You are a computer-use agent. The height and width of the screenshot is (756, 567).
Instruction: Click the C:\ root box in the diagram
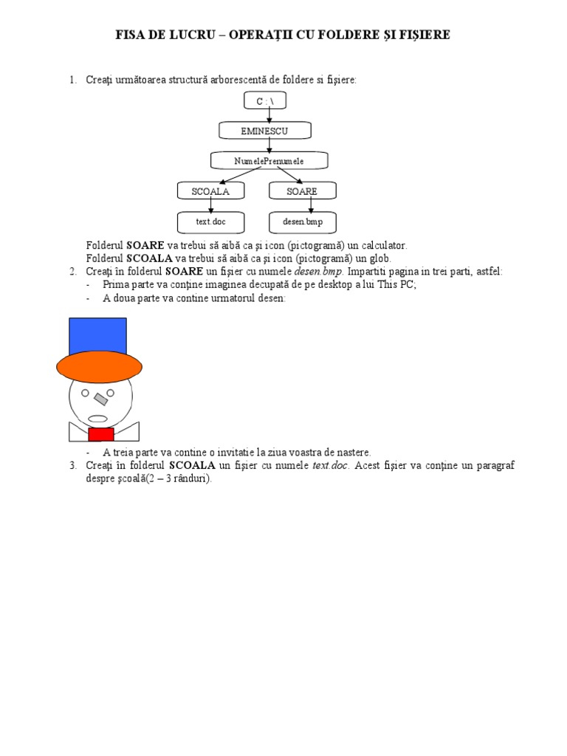pos(264,100)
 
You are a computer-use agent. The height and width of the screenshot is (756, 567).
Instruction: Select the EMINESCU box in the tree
pos(264,131)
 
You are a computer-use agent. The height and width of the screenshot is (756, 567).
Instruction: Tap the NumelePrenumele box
pos(269,160)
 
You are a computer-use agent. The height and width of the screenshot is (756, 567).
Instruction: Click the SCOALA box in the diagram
pos(210,191)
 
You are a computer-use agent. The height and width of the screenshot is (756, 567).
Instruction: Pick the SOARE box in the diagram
pos(301,191)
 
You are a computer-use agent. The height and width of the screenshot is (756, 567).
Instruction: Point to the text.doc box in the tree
pos(210,221)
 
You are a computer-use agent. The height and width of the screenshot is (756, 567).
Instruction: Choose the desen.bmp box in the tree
pos(303,221)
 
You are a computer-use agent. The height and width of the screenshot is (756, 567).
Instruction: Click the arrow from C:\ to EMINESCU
pos(269,115)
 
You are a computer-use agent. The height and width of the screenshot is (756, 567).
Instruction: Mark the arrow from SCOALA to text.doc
pos(211,206)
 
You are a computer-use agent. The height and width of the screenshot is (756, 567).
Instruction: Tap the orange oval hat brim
pos(99,366)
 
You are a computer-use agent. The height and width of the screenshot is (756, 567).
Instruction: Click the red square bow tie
pos(100,434)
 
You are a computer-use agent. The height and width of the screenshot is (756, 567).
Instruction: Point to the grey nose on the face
pos(100,401)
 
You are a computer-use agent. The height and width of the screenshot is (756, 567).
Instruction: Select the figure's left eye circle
pos(85,392)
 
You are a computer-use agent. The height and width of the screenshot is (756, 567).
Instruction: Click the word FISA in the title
pos(131,35)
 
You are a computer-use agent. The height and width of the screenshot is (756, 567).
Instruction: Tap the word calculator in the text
pos(381,245)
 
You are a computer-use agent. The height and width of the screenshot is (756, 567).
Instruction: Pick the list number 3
pos(73,465)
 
